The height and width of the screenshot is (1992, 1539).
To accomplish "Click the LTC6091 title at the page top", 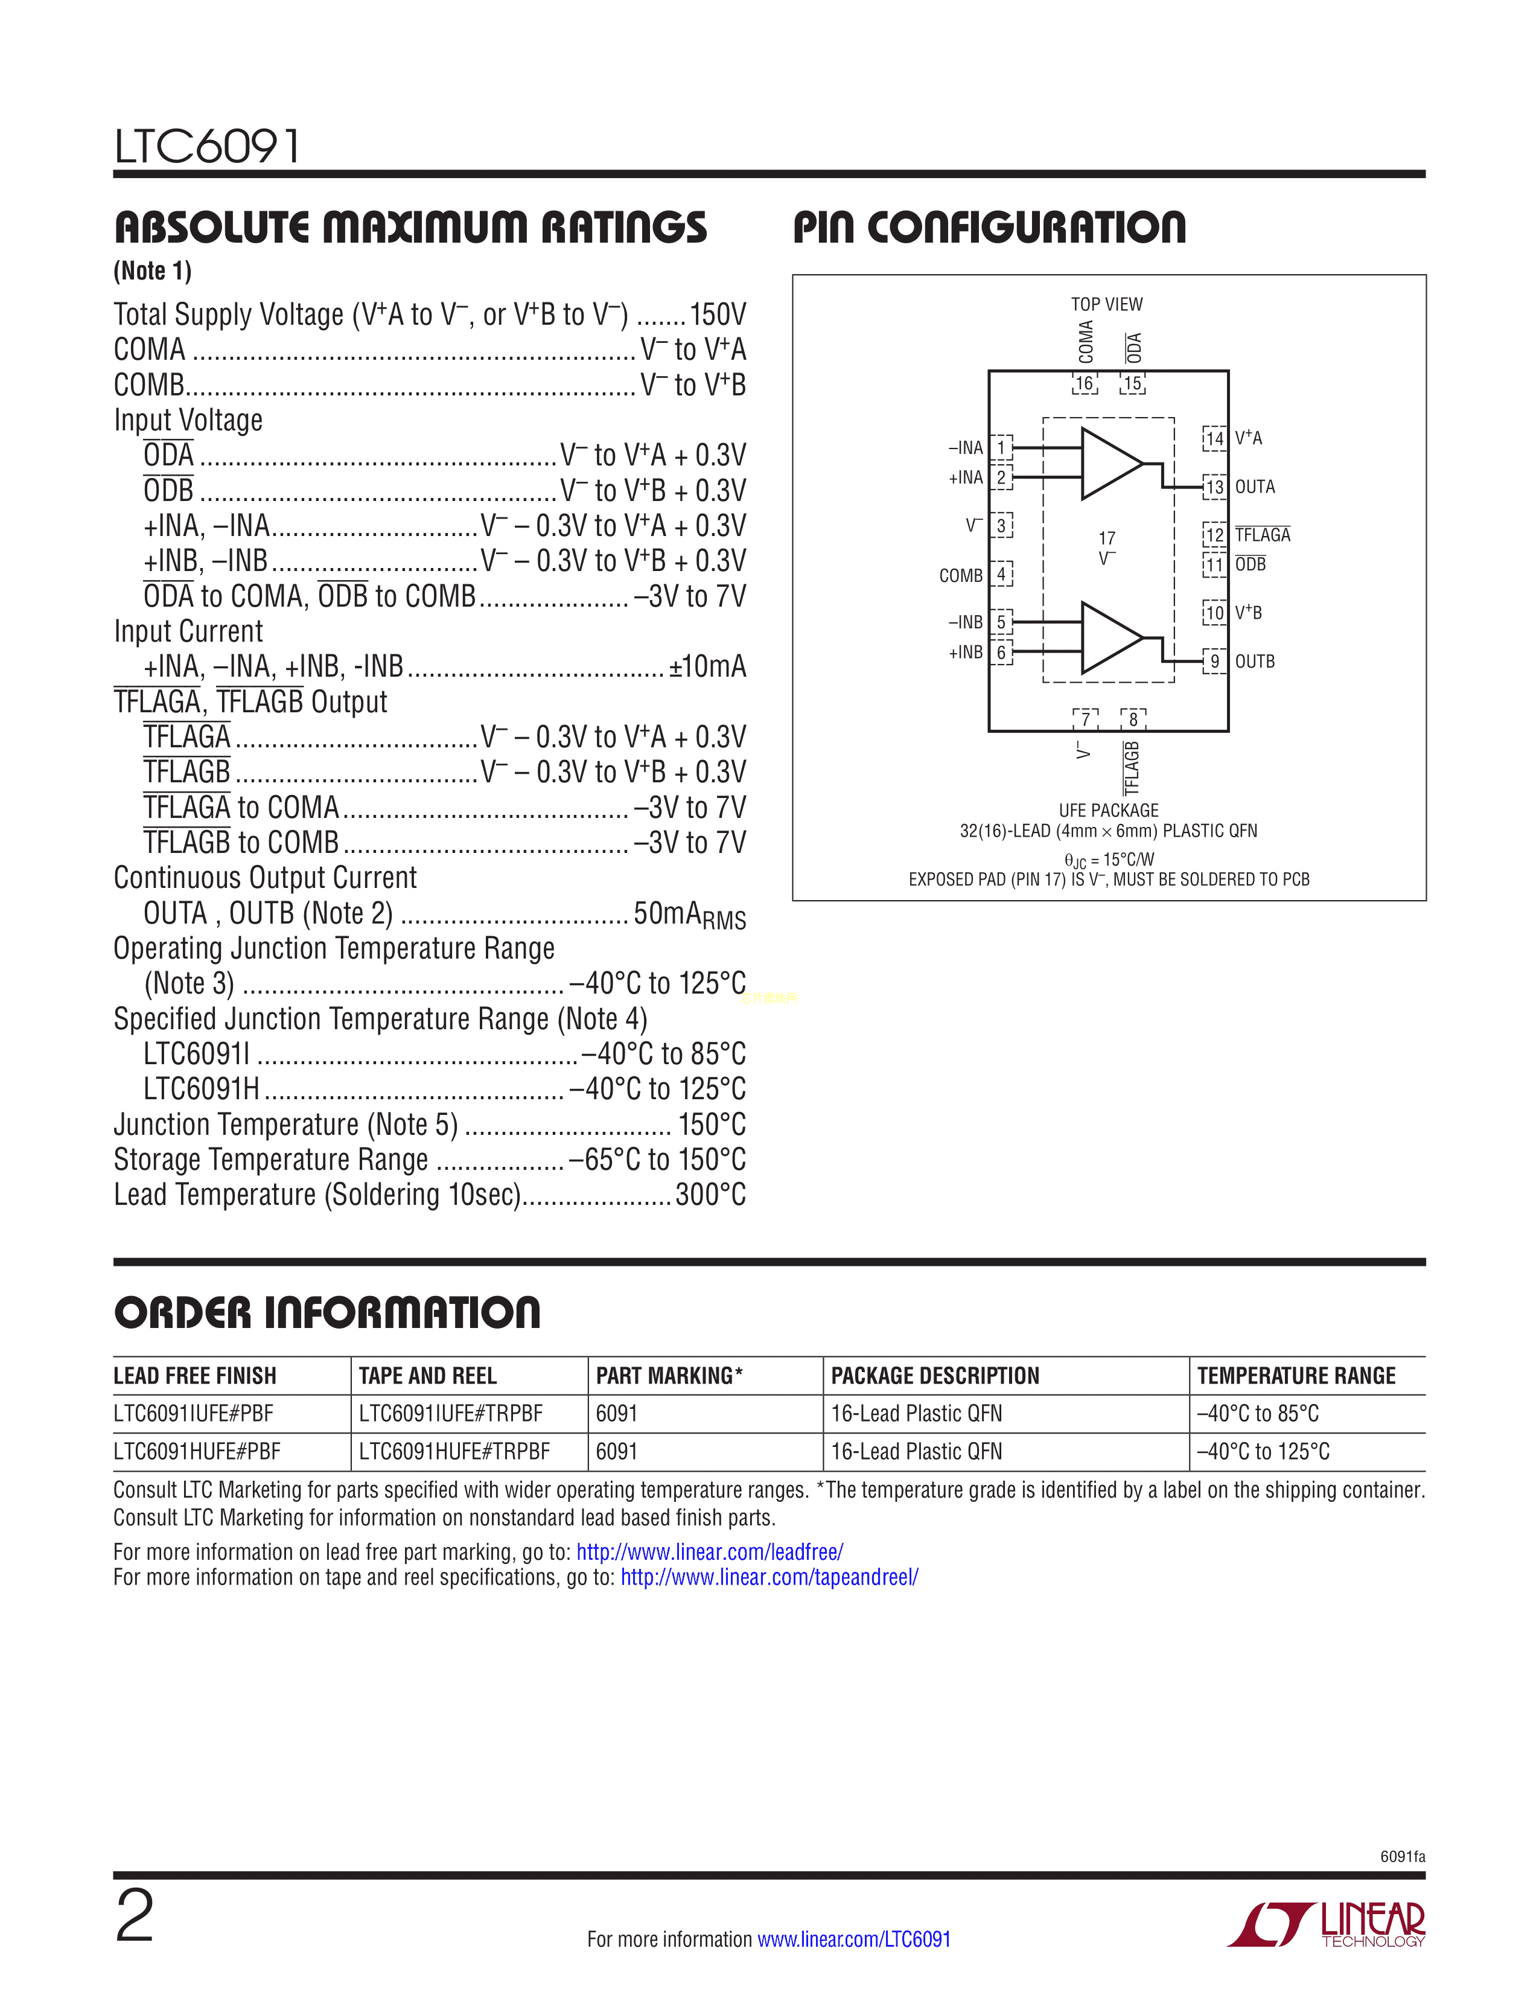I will pyautogui.click(x=207, y=146).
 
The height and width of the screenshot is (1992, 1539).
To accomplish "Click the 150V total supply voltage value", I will pyautogui.click(x=718, y=314).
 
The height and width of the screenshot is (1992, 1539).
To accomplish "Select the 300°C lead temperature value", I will pyautogui.click(x=710, y=1195).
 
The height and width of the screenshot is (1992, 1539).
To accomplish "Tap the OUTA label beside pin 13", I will pyautogui.click(x=1255, y=487).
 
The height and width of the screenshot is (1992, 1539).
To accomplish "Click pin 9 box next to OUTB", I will pyautogui.click(x=1214, y=661).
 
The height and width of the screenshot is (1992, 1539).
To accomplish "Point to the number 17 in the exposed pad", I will pyautogui.click(x=1107, y=538).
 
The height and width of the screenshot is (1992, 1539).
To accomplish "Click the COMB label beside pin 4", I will pyautogui.click(x=961, y=575).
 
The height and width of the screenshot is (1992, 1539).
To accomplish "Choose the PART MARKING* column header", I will pyautogui.click(x=669, y=1376).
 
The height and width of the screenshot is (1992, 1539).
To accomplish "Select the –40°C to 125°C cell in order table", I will pyautogui.click(x=1264, y=1451).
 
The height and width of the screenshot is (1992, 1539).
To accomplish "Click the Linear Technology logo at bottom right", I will pyautogui.click(x=1328, y=1924).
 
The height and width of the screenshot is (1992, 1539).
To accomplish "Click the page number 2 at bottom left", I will pyautogui.click(x=135, y=1917).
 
